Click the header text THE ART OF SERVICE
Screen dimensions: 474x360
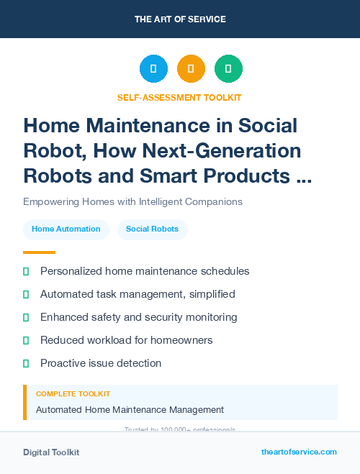[x=179, y=19]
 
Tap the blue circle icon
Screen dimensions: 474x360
[x=153, y=69]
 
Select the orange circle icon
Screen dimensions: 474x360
[x=191, y=69]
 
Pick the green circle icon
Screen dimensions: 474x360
[x=228, y=69]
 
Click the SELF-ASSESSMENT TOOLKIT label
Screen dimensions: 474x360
[x=179, y=97]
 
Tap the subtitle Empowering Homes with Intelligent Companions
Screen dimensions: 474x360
[x=132, y=201]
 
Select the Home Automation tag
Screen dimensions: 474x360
[x=66, y=229]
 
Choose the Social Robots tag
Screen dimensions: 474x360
[x=152, y=229]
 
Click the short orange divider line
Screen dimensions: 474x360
[x=39, y=252]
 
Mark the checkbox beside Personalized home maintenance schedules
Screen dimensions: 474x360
[x=26, y=272]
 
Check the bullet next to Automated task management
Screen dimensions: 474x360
[x=26, y=295]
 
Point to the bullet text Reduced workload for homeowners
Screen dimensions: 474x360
[x=126, y=340]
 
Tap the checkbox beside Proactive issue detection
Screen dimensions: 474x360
[x=26, y=363]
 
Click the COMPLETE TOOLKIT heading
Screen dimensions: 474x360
[x=73, y=394]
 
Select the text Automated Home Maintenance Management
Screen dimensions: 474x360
[x=130, y=410]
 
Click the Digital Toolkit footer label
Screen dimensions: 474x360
[x=51, y=452]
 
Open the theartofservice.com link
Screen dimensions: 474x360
[x=299, y=452]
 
